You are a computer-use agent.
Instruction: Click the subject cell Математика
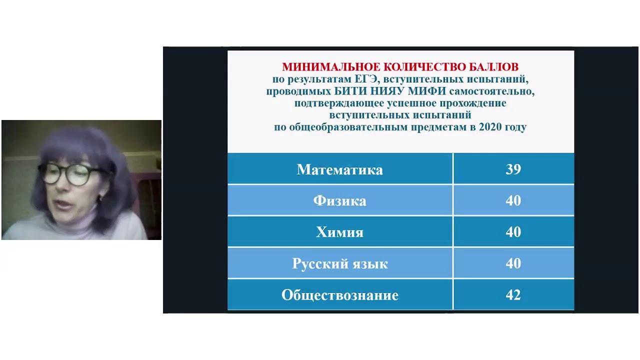tap(340, 169)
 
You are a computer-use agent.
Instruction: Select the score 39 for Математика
tap(513, 169)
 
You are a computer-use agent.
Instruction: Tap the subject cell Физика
tap(340, 201)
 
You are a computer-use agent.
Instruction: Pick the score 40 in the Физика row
tap(513, 201)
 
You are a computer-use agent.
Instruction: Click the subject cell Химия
tap(340, 232)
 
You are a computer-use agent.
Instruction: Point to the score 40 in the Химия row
tap(513, 232)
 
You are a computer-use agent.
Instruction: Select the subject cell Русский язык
tap(340, 264)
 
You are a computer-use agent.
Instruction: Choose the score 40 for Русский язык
tap(513, 264)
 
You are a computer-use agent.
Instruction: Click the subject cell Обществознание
tap(340, 295)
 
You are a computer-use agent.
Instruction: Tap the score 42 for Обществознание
tap(513, 295)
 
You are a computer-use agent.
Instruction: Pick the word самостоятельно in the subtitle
tap(492, 91)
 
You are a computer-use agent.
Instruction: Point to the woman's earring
tap(98, 198)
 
